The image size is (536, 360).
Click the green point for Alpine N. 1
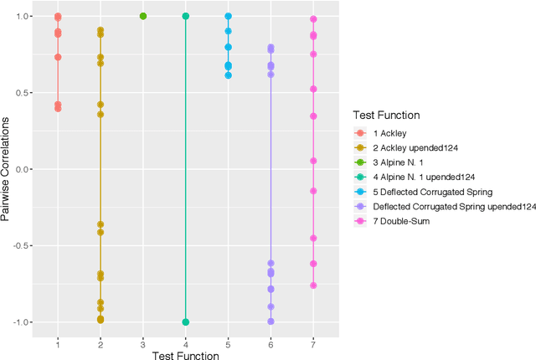(143, 16)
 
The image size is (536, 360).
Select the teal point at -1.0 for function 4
(185, 321)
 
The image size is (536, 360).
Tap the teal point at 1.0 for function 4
(185, 16)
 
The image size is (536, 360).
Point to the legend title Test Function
(385, 116)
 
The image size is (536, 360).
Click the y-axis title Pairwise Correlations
(8, 169)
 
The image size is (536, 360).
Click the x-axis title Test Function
(185, 355)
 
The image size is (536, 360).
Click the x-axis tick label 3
(143, 342)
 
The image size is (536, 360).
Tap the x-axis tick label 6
(271, 342)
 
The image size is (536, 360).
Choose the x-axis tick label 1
(58, 342)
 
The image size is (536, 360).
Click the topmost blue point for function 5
(228, 16)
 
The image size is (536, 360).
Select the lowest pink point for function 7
(313, 285)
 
